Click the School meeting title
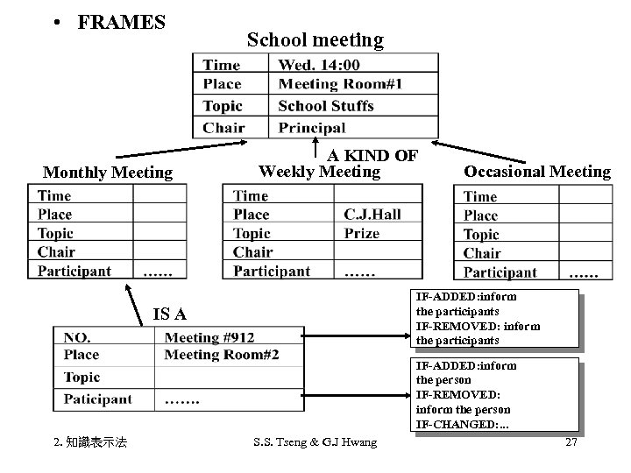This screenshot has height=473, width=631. [315, 39]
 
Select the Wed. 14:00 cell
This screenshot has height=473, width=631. [318, 64]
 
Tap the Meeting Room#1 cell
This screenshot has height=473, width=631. [340, 84]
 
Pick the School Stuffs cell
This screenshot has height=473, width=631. [325, 106]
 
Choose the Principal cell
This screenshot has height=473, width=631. [311, 128]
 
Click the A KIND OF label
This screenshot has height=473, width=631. [372, 155]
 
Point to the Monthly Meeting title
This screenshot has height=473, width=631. [108, 173]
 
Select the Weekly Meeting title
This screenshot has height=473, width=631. [319, 172]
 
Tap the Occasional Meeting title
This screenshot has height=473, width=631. [536, 172]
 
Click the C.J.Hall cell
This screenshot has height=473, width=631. [372, 215]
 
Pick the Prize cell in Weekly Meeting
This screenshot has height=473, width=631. [361, 234]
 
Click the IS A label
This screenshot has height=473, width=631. [168, 314]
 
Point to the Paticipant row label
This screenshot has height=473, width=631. [97, 399]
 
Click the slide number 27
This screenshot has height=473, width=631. [571, 442]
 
